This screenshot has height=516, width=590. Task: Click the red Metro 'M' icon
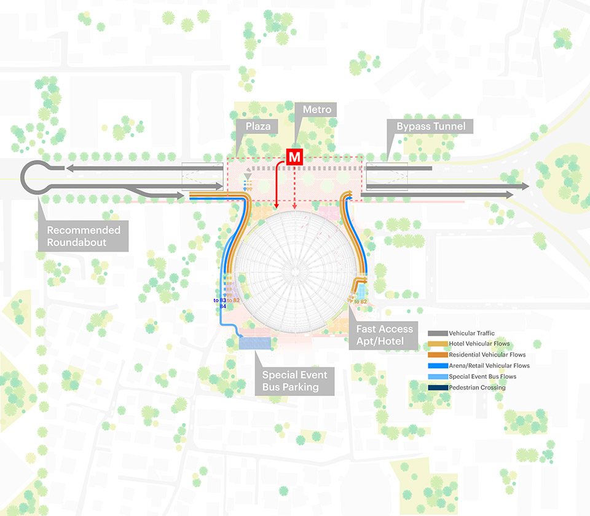pyautogui.click(x=295, y=156)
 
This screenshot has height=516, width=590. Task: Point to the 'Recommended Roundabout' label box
pyautogui.click(x=84, y=236)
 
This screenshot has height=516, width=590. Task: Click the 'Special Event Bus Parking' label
pyautogui.click(x=295, y=381)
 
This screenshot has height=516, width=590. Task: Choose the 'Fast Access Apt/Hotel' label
pyautogui.click(x=385, y=335)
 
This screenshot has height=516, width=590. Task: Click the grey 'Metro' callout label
pyautogui.click(x=317, y=109)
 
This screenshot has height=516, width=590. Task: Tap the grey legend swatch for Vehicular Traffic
pyautogui.click(x=438, y=333)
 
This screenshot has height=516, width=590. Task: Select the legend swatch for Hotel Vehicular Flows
pyautogui.click(x=438, y=344)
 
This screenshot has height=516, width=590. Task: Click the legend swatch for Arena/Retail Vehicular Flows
pyautogui.click(x=438, y=366)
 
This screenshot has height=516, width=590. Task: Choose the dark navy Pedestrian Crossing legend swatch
pyautogui.click(x=438, y=387)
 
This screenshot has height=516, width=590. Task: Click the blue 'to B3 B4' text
pyautogui.click(x=219, y=302)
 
